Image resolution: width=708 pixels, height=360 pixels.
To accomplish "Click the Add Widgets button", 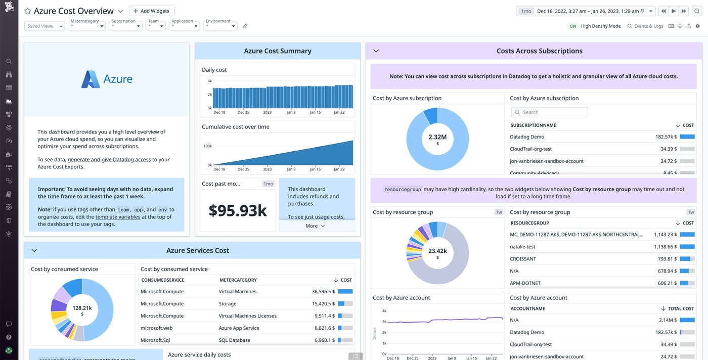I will coord(152,11).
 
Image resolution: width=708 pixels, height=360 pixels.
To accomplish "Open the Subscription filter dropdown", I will coord(125,26).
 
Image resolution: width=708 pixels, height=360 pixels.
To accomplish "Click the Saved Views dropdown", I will coord(45,26).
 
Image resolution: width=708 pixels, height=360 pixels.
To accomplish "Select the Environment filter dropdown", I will coord(221,26).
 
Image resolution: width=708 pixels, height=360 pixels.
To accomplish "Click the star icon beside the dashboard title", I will coord(28,11).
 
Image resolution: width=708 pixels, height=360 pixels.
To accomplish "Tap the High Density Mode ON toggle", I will coord(572,26).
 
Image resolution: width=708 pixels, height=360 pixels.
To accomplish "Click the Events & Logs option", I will coord(645,26).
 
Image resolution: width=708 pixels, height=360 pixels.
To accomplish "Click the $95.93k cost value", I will coord(238,210).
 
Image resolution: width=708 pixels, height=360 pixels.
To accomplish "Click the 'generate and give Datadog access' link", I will coord(109,160).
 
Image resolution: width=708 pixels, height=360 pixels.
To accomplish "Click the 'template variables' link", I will coord(118,217).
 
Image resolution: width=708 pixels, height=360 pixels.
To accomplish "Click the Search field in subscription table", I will coord(549,112).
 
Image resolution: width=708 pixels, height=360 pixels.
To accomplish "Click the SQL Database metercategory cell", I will coord(234,340).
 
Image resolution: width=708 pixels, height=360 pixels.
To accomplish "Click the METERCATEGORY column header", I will coord(238,280).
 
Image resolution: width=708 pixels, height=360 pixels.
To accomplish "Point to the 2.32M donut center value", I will coord(437,137).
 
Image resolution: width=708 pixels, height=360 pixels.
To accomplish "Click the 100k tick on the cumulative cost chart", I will coord(207,146).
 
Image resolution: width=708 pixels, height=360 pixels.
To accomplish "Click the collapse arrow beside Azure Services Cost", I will coord(34,250).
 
